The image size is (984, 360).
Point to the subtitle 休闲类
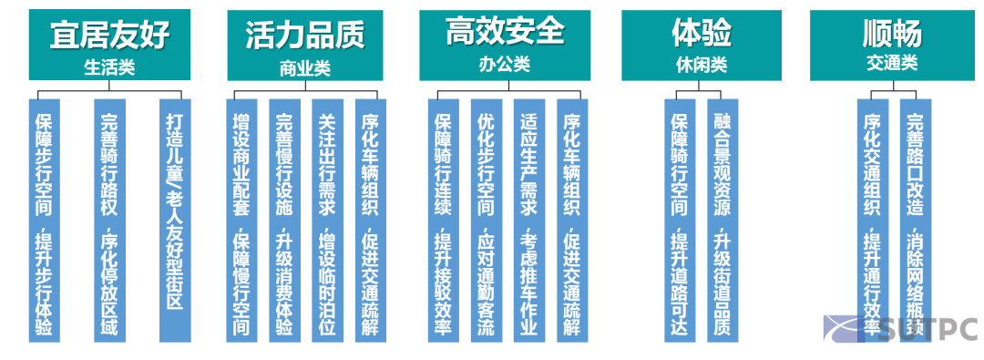(x=702, y=65)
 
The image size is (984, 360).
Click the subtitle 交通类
(x=892, y=64)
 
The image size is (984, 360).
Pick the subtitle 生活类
(x=109, y=67)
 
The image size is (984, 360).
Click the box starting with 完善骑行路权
(x=109, y=219)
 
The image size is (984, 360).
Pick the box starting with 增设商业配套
(x=241, y=219)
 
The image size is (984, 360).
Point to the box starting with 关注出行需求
(x=326, y=219)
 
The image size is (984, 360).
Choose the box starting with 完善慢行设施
(x=283, y=219)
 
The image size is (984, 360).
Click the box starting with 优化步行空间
(x=486, y=219)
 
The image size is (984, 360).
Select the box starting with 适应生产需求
(x=528, y=219)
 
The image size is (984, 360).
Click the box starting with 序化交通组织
(x=872, y=219)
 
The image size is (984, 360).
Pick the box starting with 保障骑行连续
(x=443, y=219)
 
